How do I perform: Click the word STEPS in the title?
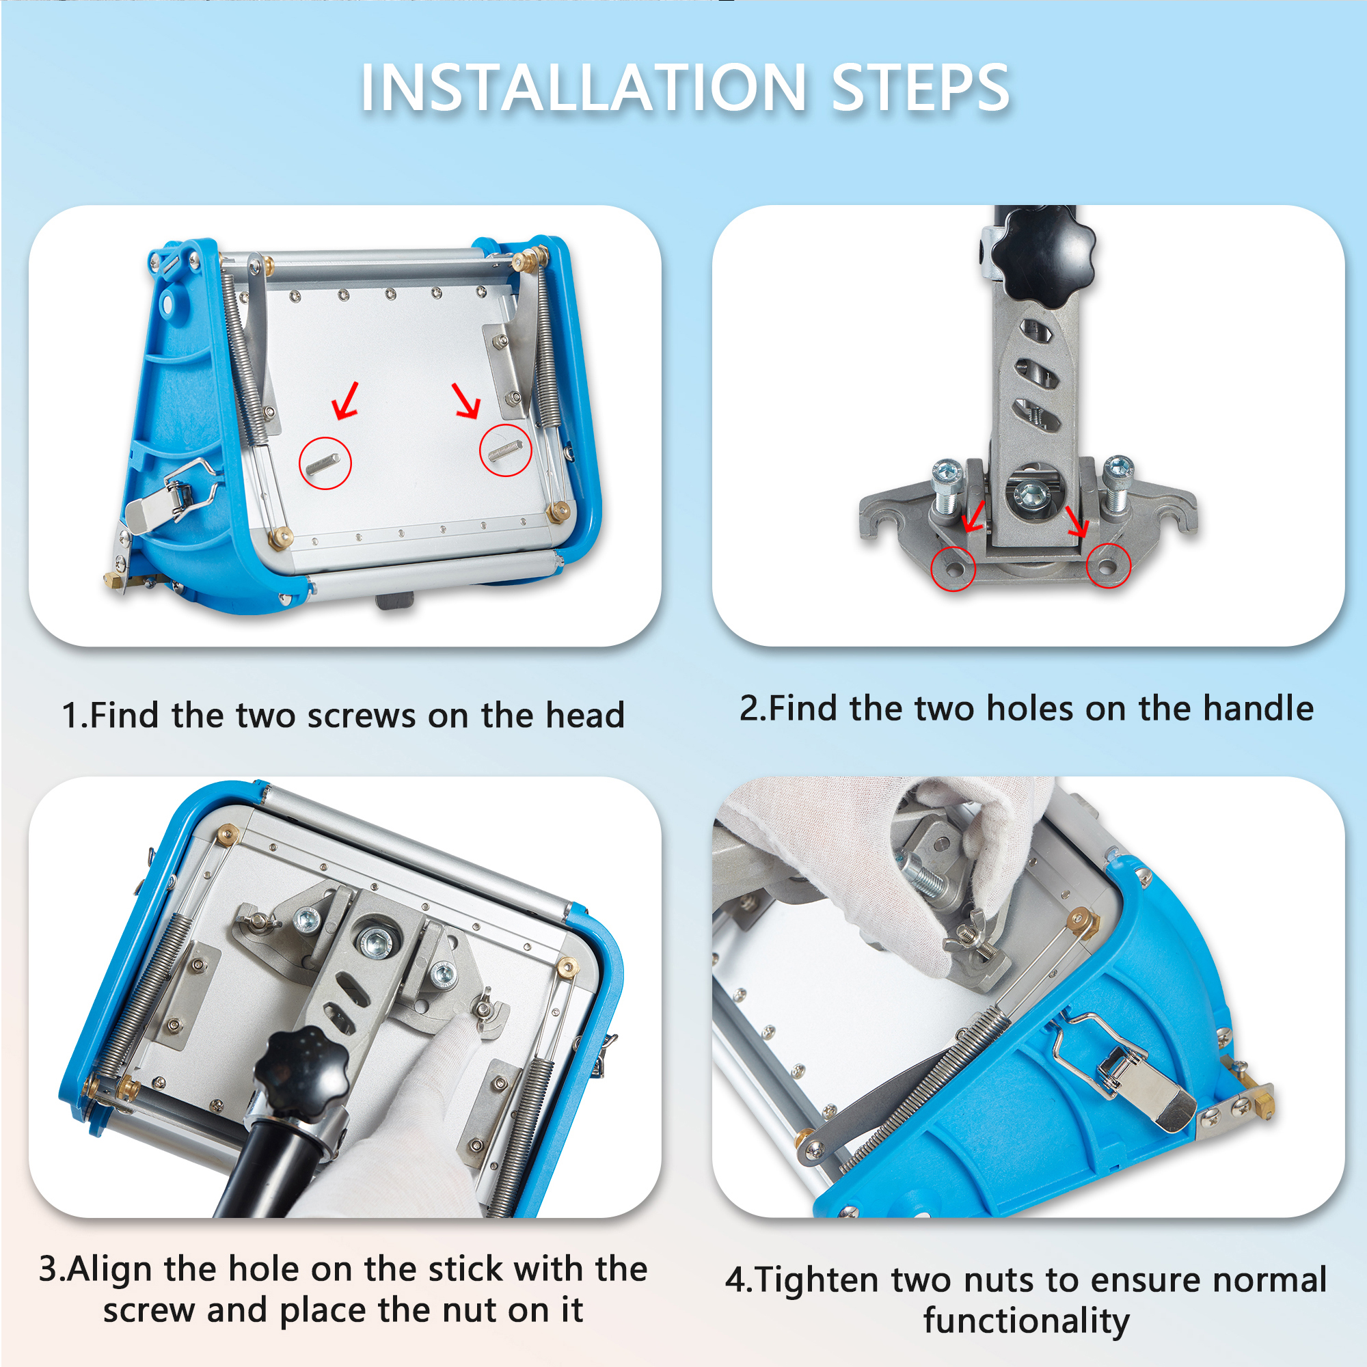click(x=921, y=87)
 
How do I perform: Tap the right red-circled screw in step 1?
click(x=505, y=450)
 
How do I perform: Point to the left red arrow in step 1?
click(x=346, y=401)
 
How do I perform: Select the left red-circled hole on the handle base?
click(x=953, y=567)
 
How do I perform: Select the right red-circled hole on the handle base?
click(x=1107, y=565)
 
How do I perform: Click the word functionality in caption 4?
click(x=1026, y=1322)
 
